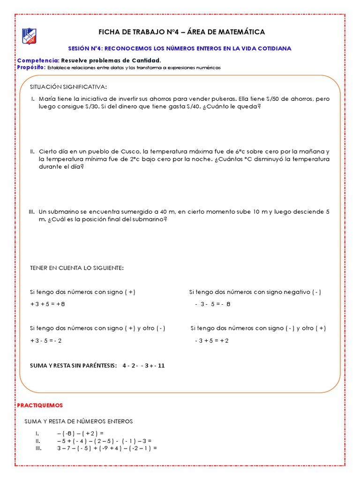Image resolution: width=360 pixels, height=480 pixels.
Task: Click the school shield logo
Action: [29, 36]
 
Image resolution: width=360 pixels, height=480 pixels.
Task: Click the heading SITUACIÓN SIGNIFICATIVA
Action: [68, 87]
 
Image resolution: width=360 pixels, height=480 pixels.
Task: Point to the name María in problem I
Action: [48, 99]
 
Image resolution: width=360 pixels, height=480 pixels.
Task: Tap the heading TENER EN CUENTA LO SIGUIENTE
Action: [77, 268]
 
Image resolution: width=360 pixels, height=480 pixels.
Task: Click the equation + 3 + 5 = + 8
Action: [47, 304]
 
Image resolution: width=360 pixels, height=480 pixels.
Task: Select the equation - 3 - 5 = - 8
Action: [213, 304]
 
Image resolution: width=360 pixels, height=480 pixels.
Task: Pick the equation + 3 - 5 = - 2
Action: [46, 341]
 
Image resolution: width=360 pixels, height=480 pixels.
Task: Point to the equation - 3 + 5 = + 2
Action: [211, 341]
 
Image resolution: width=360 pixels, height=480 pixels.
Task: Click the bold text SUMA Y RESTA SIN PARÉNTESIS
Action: [73, 366]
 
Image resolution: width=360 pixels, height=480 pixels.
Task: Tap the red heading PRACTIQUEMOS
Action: [40, 405]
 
